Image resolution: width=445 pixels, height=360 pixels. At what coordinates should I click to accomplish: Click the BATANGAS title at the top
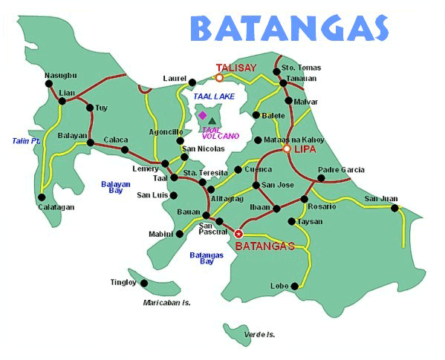(x=289, y=29)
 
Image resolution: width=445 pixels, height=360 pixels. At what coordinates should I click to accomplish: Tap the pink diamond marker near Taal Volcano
(x=202, y=115)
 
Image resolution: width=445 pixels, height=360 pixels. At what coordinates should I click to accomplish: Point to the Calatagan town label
(x=56, y=207)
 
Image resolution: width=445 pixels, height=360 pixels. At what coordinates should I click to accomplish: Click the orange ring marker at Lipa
(x=287, y=149)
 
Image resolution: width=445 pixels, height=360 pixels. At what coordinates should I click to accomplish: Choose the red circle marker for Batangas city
(x=238, y=234)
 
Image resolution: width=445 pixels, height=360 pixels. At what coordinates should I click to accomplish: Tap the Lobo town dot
(x=295, y=286)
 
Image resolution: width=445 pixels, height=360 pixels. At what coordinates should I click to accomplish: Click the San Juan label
(x=380, y=198)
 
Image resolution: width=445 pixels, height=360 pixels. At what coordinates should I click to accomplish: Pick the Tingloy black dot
(x=143, y=283)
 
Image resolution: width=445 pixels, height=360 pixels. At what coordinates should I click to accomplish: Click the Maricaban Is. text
(x=167, y=303)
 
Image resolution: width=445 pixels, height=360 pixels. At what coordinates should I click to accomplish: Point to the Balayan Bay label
(x=112, y=186)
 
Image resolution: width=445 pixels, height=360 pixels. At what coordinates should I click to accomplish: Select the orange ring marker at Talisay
(x=219, y=76)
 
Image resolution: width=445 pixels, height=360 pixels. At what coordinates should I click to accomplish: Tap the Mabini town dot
(x=179, y=234)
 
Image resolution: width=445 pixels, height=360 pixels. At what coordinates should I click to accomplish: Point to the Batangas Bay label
(x=207, y=258)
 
